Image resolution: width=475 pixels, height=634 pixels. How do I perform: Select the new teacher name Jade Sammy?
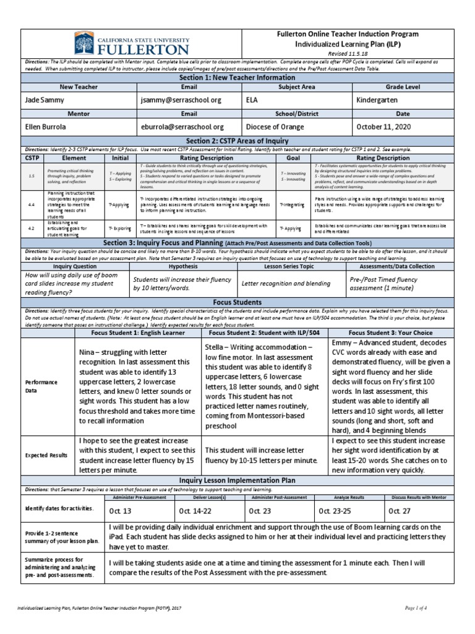coord(45,100)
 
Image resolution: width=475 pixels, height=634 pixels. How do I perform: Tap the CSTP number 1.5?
coord(31,176)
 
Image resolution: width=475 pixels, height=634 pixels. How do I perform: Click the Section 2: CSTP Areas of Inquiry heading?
coord(237,141)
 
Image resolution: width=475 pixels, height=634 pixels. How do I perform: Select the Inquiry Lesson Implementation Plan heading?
coord(237,480)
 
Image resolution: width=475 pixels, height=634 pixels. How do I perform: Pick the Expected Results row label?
coord(46,455)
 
